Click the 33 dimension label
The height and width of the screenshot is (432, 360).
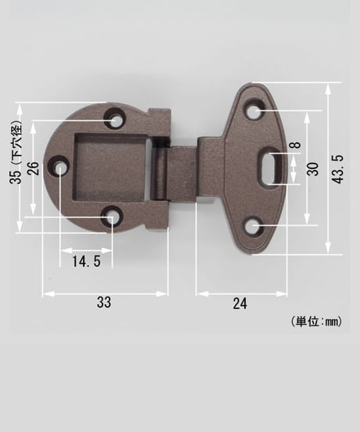point(104,303)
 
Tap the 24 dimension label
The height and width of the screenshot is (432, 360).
point(240,304)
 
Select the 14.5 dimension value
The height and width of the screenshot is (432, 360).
point(86,261)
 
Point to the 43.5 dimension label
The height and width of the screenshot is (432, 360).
point(337,169)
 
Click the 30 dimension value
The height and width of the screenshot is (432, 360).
point(312,169)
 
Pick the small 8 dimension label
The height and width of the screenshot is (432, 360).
point(296,145)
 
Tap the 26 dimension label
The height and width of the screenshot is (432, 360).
point(33,168)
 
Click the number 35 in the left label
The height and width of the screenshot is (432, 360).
point(15,177)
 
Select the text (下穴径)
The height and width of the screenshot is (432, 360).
point(16,143)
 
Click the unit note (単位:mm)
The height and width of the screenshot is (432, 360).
point(316,321)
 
